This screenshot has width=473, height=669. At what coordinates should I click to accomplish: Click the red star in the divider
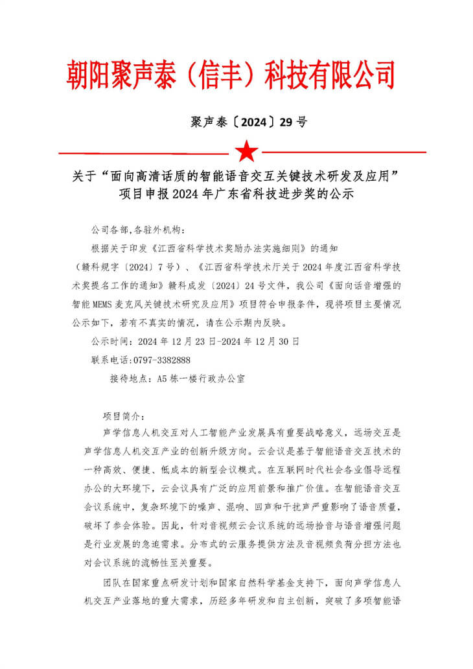tap(246, 151)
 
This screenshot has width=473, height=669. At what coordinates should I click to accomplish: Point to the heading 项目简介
tap(125, 416)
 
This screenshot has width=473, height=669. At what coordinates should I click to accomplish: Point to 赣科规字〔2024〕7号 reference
tap(119, 266)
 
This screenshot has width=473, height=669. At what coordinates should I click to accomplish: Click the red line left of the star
tap(143, 153)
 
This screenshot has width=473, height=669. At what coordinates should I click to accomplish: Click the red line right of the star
tap(343, 153)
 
